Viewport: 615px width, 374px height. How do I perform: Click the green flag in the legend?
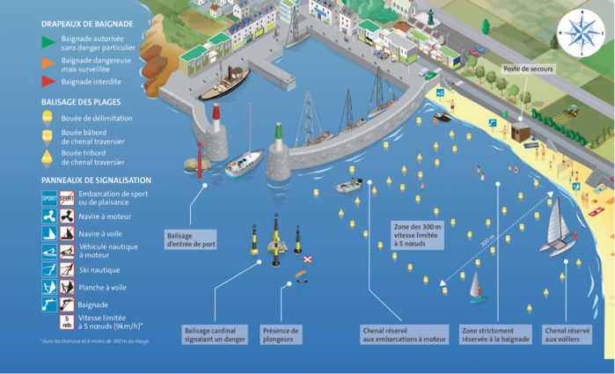pos(49,40)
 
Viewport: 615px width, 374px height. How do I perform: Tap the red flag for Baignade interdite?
pos(49,82)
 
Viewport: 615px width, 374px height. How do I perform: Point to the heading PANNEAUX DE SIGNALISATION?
pos(92,179)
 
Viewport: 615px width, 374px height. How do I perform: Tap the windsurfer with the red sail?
pos(476,287)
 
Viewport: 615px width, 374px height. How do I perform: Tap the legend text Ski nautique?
pos(99,270)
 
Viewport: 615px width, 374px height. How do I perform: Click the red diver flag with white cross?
pos(308,260)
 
